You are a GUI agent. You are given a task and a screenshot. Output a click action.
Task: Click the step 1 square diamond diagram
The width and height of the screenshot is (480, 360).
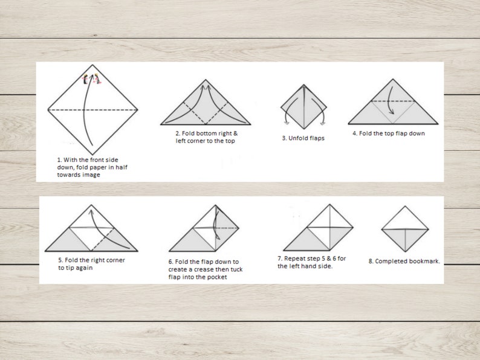point(92,109)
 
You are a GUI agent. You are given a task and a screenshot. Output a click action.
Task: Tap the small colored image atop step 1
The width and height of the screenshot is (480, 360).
point(92,78)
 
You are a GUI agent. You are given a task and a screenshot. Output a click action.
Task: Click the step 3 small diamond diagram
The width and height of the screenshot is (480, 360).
point(303,107)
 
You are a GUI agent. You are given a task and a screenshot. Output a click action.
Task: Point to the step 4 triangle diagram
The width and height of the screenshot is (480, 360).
point(393,104)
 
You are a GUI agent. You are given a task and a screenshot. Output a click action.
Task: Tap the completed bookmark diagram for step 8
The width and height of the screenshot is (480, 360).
point(404,229)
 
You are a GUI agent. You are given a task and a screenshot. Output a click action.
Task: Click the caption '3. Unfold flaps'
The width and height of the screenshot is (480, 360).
point(303,138)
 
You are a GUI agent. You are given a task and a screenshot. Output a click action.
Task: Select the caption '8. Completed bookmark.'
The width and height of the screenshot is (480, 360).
point(404,262)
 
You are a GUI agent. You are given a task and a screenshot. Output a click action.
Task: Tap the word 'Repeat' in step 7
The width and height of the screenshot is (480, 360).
point(294,259)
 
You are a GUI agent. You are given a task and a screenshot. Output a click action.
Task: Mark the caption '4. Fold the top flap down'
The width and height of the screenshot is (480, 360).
point(389,133)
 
